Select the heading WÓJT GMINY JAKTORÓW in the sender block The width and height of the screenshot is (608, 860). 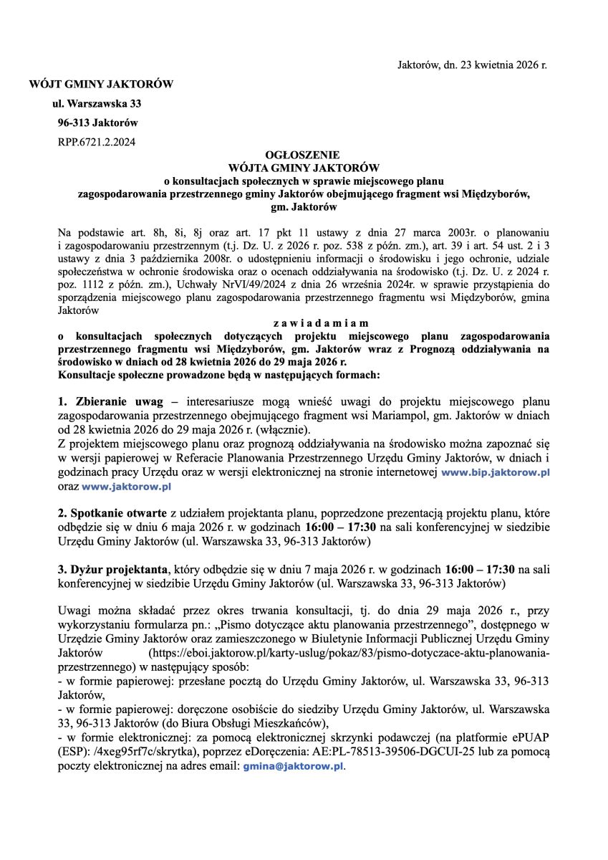101,85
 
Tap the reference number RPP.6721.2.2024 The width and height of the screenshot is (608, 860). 96,141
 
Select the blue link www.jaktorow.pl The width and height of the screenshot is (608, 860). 127,486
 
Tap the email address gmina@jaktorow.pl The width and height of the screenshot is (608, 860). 293,766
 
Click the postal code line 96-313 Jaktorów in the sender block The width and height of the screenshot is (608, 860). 98,123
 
